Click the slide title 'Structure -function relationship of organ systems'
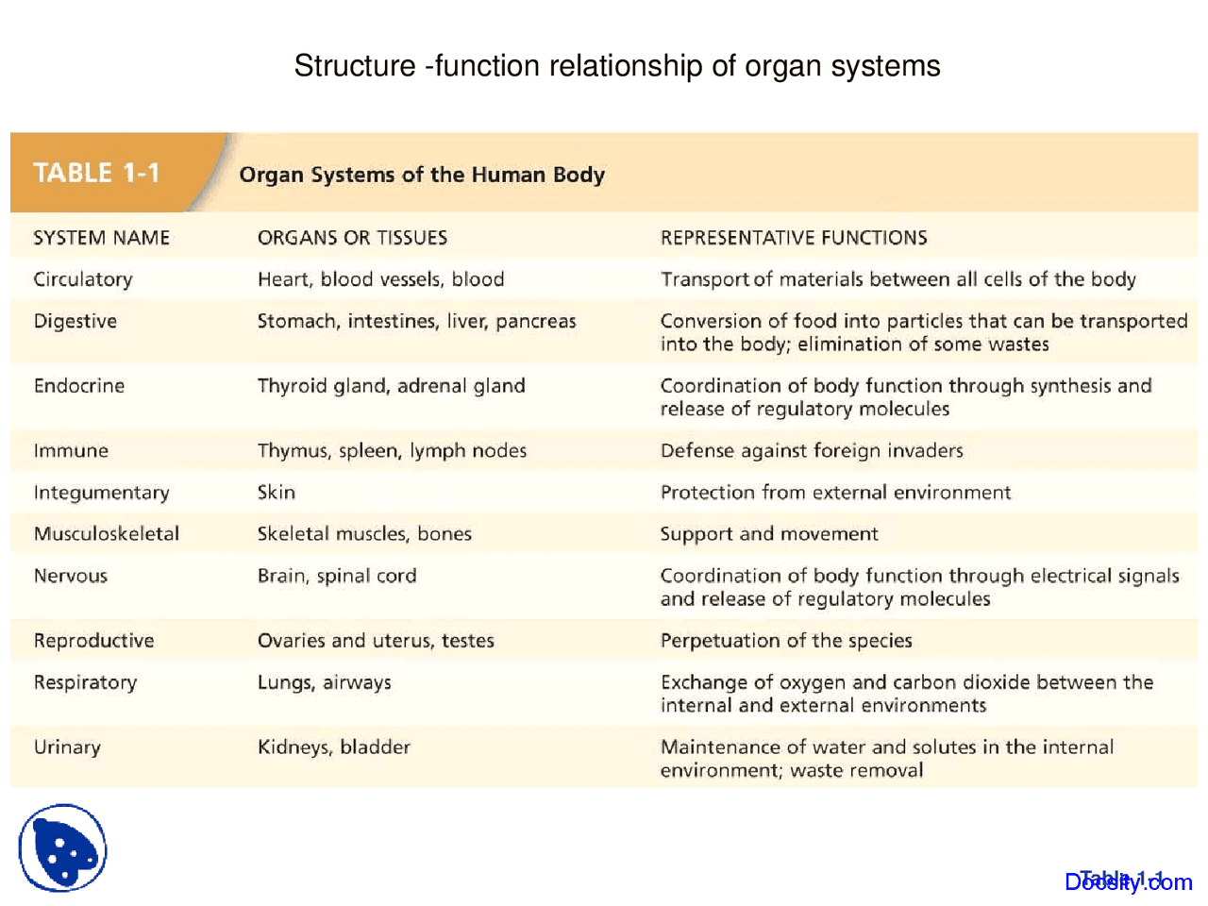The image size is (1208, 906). (616, 66)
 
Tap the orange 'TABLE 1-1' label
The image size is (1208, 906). (96, 173)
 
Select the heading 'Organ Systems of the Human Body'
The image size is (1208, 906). (421, 175)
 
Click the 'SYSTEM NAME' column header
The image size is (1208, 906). (101, 238)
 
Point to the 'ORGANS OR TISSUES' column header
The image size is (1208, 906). (352, 238)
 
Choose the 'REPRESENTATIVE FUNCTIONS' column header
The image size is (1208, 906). (793, 238)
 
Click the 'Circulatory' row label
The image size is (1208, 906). (83, 279)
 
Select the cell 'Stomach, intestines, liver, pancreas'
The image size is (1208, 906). (416, 321)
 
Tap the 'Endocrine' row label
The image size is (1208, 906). (79, 386)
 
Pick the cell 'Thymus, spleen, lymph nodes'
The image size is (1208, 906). (392, 451)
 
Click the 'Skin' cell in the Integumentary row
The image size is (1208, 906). (276, 493)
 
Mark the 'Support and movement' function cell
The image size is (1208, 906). (768, 534)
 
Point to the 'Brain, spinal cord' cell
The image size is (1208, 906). (336, 576)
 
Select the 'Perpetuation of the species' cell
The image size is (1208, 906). (785, 641)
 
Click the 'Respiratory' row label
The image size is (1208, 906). (85, 682)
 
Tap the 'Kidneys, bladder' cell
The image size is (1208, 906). (333, 747)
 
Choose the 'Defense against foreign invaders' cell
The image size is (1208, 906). (811, 451)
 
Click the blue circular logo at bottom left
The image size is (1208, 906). (62, 847)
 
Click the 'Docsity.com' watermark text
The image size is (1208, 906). (1128, 881)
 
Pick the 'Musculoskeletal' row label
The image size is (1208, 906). (106, 534)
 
